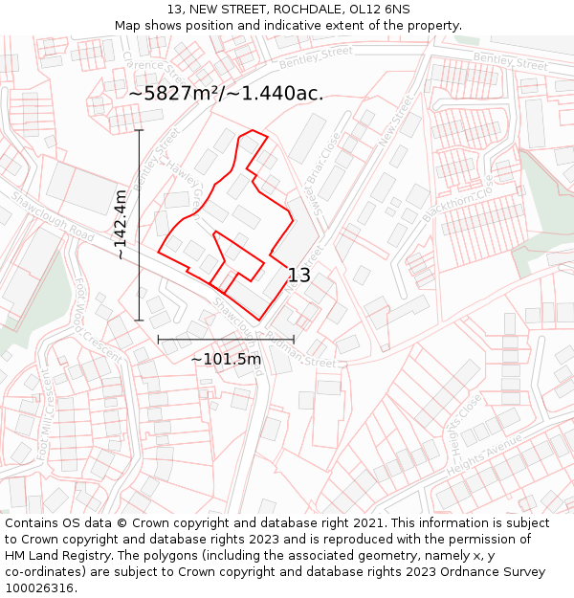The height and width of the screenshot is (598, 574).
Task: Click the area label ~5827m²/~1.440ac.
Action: click(x=226, y=94)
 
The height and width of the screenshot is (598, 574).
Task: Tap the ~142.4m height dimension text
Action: click(x=121, y=225)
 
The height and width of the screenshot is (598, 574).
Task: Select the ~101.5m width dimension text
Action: click(x=226, y=359)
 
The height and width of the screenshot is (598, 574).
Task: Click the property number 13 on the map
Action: click(x=298, y=276)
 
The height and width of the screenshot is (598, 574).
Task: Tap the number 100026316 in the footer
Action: click(x=39, y=587)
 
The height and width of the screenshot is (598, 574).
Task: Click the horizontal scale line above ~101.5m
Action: click(x=226, y=339)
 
